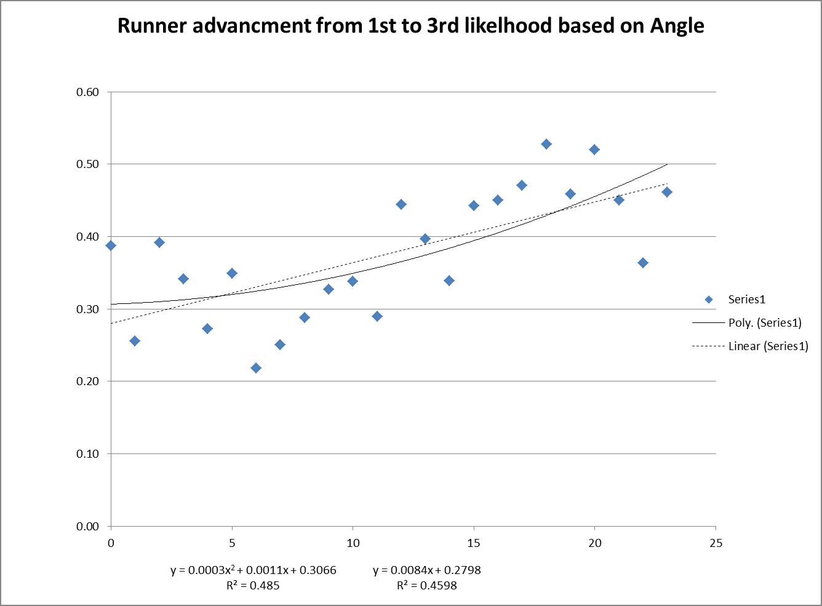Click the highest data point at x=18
546,144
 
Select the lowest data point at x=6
256,368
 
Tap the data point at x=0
111,245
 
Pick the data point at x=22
643,263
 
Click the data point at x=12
401,204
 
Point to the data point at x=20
594,150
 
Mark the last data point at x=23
667,192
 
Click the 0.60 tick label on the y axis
87,92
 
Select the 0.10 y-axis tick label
87,454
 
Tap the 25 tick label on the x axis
716,543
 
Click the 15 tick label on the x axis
474,543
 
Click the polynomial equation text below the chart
253,570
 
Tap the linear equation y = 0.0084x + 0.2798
427,570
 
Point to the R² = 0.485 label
253,586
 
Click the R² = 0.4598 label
427,586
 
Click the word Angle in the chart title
677,26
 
